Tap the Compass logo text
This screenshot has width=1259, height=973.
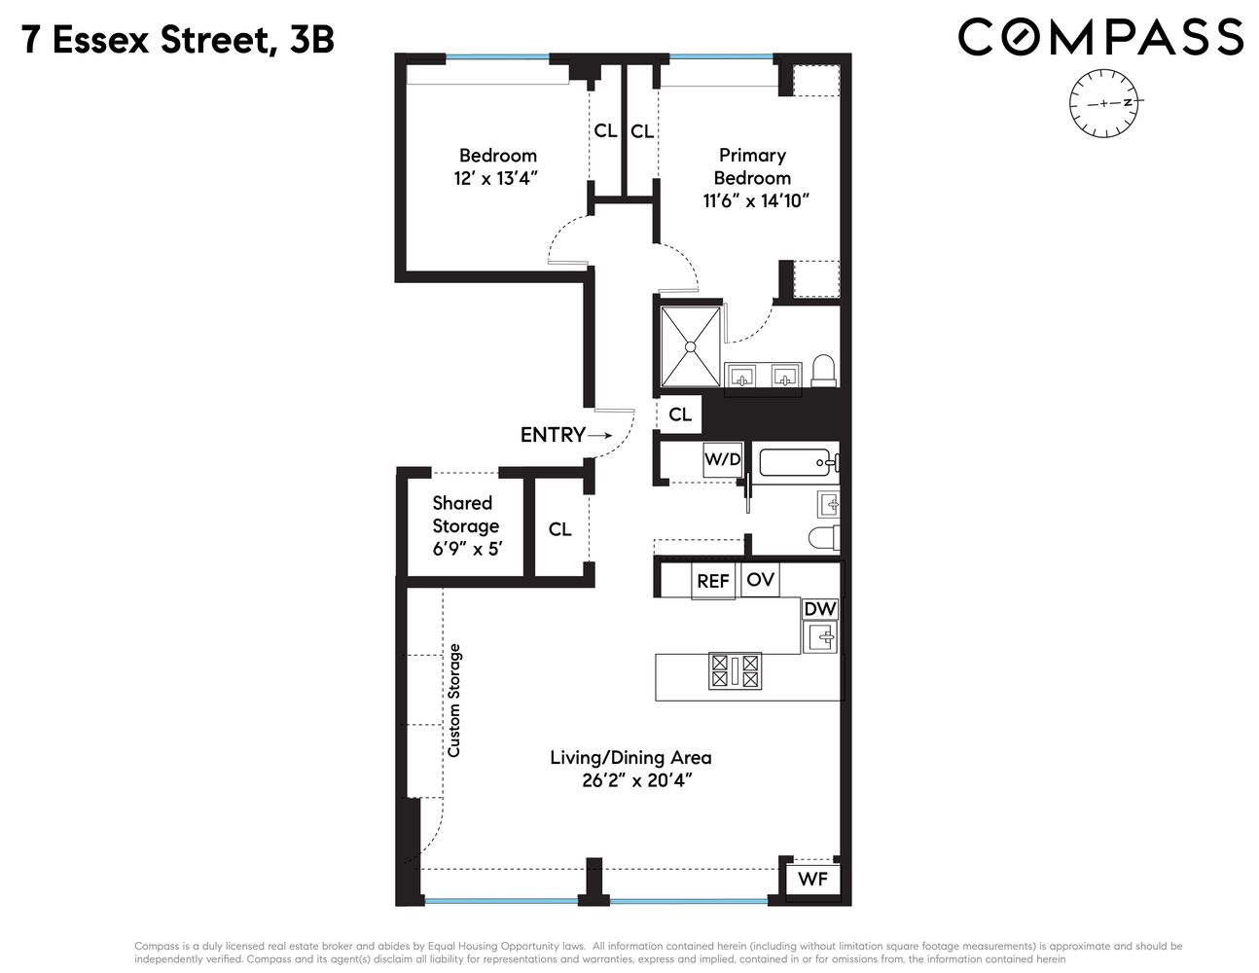pos(1100,38)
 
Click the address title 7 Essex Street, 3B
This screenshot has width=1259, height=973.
pos(178,40)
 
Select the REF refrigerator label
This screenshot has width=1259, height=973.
pos(712,581)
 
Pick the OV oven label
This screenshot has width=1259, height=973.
pos(760,579)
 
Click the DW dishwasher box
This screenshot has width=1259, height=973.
pos(819,609)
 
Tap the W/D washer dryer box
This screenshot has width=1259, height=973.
pos(722,459)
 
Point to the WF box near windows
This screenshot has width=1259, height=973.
pos(812,879)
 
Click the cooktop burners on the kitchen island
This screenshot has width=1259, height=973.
pos(735,670)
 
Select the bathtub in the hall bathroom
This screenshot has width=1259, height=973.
pos(795,463)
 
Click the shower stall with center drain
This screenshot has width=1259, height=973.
pos(690,345)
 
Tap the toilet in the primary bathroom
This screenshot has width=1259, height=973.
pos(823,370)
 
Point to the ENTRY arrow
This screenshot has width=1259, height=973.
pos(599,436)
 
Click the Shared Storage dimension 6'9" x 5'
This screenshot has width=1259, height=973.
pos(465,549)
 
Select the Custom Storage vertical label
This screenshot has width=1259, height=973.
pos(453,700)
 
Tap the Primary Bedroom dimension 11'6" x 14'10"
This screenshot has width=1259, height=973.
pos(756,201)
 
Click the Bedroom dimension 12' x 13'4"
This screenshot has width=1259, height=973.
pos(496,178)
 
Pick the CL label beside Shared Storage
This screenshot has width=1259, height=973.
pos(559,529)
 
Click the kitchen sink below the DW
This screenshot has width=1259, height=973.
pos(820,637)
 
